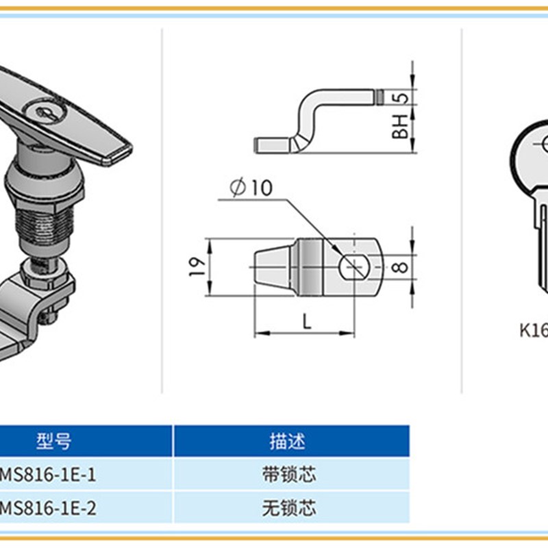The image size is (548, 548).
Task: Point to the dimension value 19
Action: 195,266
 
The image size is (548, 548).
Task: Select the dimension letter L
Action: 307,320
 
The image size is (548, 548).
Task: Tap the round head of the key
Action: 534,151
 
